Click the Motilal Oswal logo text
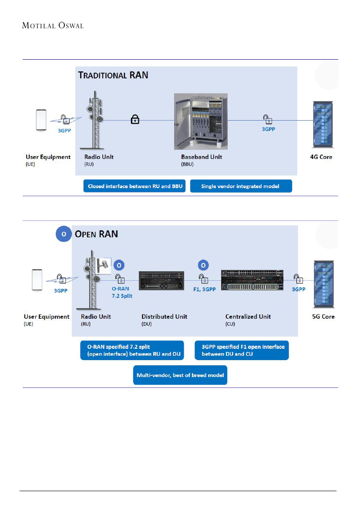(x=53, y=25)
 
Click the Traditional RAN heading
(x=113, y=75)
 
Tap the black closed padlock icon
(x=135, y=120)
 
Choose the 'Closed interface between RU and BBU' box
(x=135, y=186)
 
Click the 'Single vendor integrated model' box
(x=240, y=186)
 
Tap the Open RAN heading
(x=96, y=234)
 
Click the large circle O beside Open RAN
(x=64, y=234)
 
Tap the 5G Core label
(x=323, y=317)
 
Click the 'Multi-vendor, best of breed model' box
(x=180, y=375)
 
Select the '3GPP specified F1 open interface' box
(x=242, y=350)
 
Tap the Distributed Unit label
(x=164, y=317)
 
